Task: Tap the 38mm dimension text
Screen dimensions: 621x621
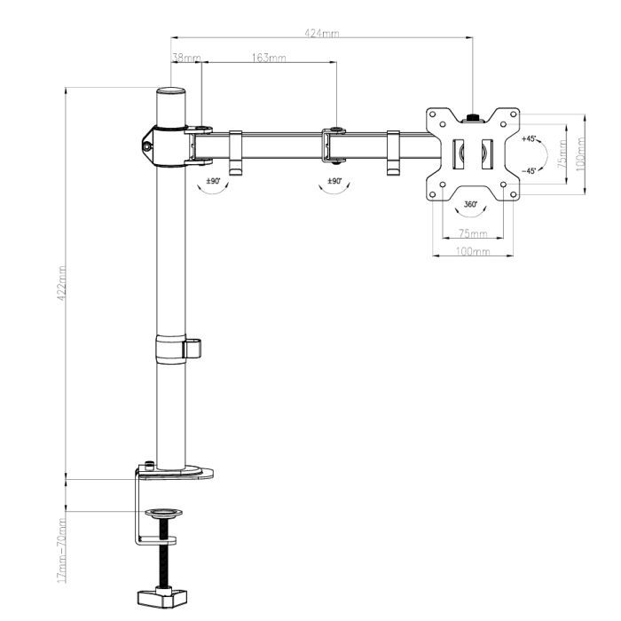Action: tap(185, 58)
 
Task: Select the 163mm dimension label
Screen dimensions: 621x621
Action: tap(269, 58)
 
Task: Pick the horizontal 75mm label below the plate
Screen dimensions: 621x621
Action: tap(472, 234)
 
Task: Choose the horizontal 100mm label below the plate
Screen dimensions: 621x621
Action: tap(472, 252)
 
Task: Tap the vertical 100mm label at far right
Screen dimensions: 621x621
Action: tap(580, 152)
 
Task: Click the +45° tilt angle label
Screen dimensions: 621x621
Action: tap(530, 138)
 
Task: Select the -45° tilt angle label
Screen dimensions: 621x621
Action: tap(529, 170)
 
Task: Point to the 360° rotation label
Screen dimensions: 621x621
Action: tap(471, 204)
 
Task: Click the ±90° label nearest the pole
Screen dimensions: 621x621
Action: tap(213, 180)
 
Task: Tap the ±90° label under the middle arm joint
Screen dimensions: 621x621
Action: tap(334, 180)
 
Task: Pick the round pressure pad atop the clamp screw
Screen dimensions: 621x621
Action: tap(164, 514)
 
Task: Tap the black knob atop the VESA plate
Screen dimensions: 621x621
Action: tap(473, 114)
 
